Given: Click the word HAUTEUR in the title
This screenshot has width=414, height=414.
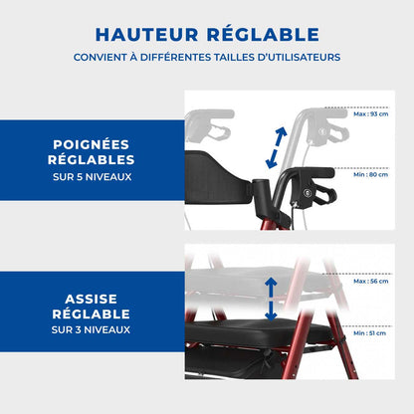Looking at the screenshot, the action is [x=147, y=35].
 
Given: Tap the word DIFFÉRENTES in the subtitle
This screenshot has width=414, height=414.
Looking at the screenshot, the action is [x=175, y=57].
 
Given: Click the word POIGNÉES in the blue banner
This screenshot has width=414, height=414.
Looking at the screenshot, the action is [x=92, y=144].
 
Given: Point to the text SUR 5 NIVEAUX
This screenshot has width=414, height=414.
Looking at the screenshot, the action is [x=93, y=177].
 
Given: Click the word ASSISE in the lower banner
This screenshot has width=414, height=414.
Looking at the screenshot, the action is [x=92, y=299].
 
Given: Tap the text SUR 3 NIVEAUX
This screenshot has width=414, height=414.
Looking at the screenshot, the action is [x=91, y=329].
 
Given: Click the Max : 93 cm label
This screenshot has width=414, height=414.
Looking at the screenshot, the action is [x=370, y=114].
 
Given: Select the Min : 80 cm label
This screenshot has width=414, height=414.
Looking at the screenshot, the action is [x=370, y=174].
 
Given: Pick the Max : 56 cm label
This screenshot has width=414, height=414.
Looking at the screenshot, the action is [x=370, y=282].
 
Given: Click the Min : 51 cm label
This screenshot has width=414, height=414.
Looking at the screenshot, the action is [x=369, y=333].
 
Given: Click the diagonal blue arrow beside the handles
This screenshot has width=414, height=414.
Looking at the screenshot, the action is [x=276, y=147].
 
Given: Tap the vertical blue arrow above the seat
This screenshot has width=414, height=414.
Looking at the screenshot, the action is [x=271, y=300].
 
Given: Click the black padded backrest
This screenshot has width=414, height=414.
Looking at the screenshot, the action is [x=217, y=177].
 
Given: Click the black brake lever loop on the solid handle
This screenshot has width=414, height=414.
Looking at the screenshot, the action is [x=325, y=194].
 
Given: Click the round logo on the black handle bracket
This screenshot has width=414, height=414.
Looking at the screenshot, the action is [x=307, y=192].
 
